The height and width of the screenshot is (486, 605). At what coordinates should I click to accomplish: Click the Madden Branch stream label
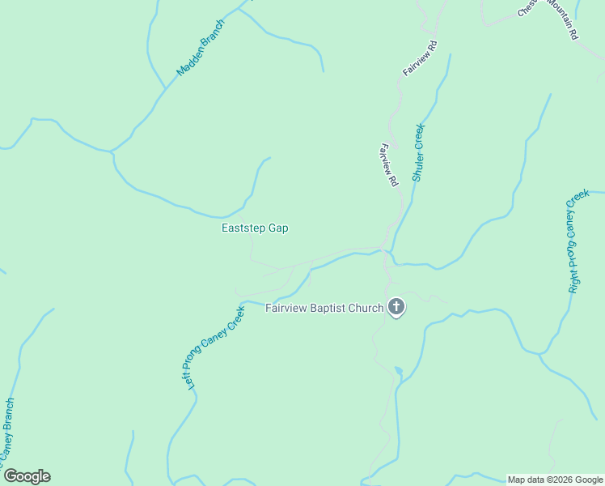[x=201, y=48]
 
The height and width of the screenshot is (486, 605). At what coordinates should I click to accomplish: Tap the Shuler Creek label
[x=418, y=152]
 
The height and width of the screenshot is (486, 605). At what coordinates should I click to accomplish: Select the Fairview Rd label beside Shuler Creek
[x=389, y=166]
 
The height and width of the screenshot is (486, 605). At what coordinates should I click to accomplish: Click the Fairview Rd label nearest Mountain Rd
[x=421, y=58]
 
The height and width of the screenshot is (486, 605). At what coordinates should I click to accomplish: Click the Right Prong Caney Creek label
[x=577, y=241]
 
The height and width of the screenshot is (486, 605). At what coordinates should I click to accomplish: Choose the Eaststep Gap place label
[x=255, y=228]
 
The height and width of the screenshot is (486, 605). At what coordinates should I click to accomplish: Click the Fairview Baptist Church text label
[x=324, y=308]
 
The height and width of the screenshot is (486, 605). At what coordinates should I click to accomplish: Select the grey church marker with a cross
[x=396, y=307]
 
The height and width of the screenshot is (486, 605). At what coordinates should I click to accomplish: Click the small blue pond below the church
[x=398, y=372]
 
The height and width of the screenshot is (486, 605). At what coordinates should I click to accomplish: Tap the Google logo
[x=27, y=476]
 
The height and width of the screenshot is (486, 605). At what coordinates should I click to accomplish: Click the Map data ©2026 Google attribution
[x=555, y=480]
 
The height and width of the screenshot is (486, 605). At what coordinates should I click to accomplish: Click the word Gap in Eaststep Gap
[x=278, y=228]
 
